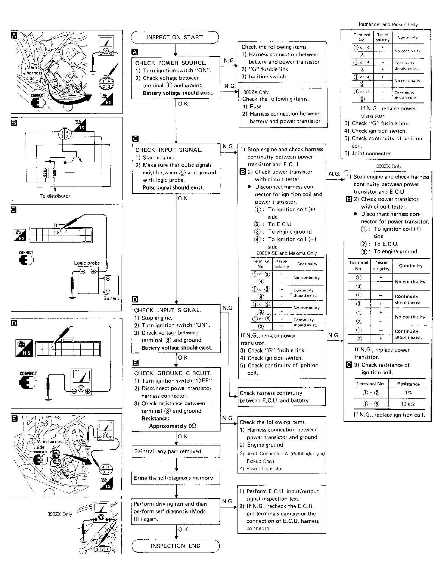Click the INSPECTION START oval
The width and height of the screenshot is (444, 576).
click(x=175, y=38)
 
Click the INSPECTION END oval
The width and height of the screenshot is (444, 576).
click(x=176, y=546)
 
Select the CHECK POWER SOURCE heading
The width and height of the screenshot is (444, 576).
click(x=170, y=63)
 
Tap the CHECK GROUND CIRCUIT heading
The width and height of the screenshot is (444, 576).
click(x=173, y=373)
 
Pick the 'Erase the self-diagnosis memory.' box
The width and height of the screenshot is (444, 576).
click(x=176, y=478)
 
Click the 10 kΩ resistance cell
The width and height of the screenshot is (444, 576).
click(x=408, y=404)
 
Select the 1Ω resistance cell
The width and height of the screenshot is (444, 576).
click(x=408, y=393)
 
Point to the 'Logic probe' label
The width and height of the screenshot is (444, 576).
click(x=87, y=263)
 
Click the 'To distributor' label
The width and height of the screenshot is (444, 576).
click(x=55, y=196)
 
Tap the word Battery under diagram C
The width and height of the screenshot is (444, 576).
click(x=111, y=298)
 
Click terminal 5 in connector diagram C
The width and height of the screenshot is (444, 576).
click(x=58, y=232)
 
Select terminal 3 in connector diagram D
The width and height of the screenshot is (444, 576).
click(x=52, y=346)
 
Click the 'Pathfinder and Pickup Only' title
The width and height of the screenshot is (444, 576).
click(x=388, y=25)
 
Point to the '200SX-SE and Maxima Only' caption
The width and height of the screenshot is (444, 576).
click(x=287, y=253)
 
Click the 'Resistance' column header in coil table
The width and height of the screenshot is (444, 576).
click(x=408, y=384)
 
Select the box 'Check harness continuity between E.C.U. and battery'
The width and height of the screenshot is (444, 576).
click(x=282, y=397)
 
